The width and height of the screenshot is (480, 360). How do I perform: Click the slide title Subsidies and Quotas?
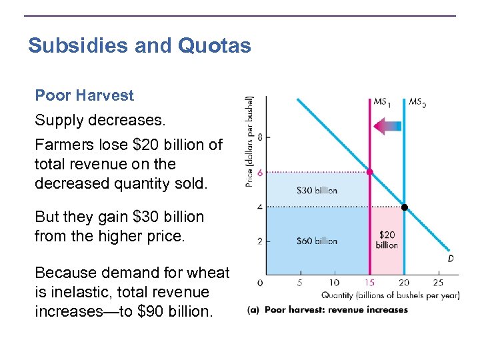click(x=139, y=46)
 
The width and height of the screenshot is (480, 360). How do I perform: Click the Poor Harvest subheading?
click(x=84, y=95)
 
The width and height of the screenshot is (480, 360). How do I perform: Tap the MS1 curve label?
click(x=382, y=103)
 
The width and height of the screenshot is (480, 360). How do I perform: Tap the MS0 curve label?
click(x=417, y=103)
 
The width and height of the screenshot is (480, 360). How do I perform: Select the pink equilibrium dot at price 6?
click(x=370, y=172)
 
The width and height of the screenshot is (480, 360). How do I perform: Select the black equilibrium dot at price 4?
click(x=404, y=207)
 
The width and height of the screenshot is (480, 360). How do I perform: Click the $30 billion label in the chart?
click(x=317, y=191)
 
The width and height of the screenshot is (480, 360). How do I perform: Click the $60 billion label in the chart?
click(x=317, y=241)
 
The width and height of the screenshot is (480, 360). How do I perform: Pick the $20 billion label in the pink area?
click(x=387, y=240)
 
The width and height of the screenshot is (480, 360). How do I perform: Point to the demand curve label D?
click(x=451, y=259)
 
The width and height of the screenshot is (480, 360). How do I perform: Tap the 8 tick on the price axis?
click(x=259, y=137)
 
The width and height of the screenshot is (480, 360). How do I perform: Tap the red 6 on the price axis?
click(x=259, y=172)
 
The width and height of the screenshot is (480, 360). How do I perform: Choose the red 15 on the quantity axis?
click(x=369, y=283)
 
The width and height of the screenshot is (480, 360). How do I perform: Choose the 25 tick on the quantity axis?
click(x=438, y=283)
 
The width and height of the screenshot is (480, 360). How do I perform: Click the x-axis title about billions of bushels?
click(x=390, y=295)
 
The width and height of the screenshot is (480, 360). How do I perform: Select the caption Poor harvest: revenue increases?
click(x=336, y=310)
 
